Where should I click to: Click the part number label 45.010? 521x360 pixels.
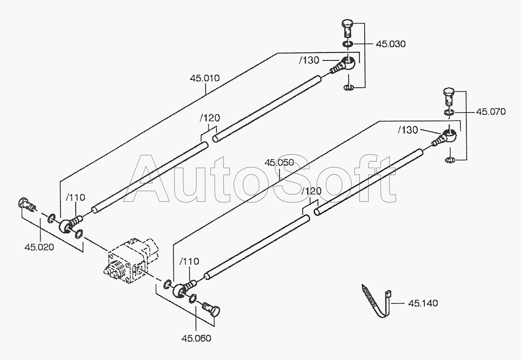pos(205,78)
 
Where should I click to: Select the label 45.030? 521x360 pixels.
pos(391,44)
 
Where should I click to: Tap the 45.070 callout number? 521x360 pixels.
pos(491,112)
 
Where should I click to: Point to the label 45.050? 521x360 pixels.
pos(279,163)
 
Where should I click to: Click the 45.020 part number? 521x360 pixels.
pos(39,247)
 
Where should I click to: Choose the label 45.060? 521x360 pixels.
pos(196,338)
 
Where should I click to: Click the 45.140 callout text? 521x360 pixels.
pos(423,303)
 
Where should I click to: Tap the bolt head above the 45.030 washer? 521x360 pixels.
pos(347,24)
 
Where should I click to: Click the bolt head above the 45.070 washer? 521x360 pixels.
pos(449,92)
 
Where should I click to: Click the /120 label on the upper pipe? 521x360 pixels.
pos(210,118)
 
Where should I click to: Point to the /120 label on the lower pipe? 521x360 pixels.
pos(311,191)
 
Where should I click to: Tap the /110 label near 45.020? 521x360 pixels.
pos(76,197)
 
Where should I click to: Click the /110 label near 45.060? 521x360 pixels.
pos(189,261)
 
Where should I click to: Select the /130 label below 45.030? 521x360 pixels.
pos(309,60)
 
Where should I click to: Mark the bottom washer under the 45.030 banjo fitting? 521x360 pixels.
pos(349,88)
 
